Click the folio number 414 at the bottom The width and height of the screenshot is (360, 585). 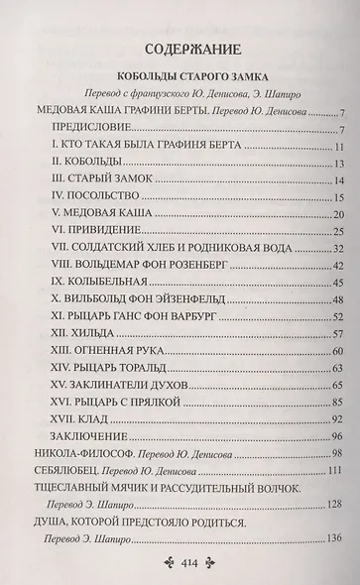click(180, 560)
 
